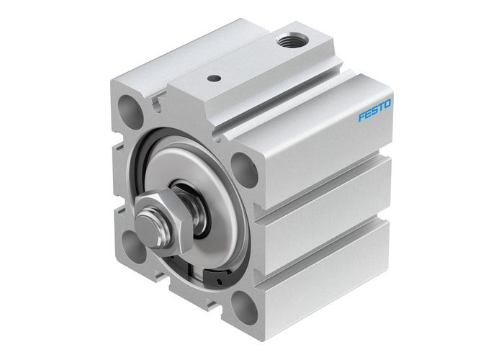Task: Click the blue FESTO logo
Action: pos(374,111)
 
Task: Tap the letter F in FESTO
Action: pos(362,117)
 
